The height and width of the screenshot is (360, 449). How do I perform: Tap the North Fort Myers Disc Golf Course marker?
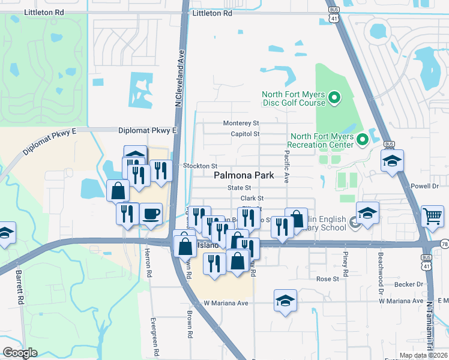pos(336,95)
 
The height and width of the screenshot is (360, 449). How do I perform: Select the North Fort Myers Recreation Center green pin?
pos(362,140)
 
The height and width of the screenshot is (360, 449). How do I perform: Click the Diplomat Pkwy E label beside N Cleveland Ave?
pos(148,130)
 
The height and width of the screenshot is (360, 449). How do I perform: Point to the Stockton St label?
pos(199,166)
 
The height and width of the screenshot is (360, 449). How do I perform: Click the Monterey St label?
pos(241,123)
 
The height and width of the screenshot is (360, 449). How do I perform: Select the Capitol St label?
pos(245,134)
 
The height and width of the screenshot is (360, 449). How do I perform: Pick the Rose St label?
pos(328,279)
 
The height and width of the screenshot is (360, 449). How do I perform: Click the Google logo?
pos(20,352)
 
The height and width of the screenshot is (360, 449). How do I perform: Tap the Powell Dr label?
pos(426,186)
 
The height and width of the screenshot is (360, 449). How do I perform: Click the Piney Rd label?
pos(346,260)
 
